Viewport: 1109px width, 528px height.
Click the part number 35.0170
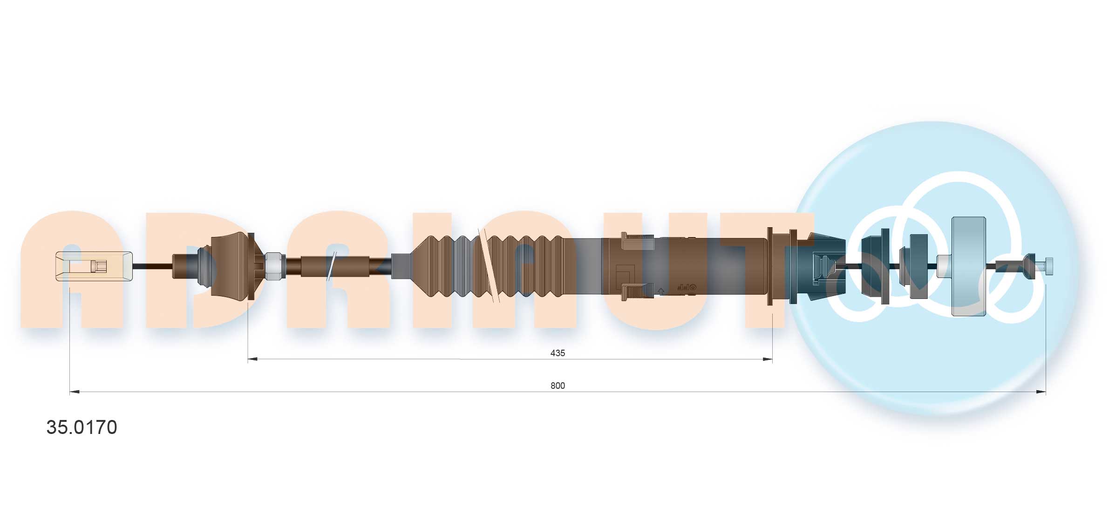click(x=82, y=427)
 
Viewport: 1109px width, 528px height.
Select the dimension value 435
click(x=557, y=353)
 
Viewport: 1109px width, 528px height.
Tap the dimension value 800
click(x=557, y=386)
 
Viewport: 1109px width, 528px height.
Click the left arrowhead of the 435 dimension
click(x=252, y=359)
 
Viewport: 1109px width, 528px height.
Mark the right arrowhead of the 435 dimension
click(x=767, y=359)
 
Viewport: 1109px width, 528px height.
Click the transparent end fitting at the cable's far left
click(x=93, y=266)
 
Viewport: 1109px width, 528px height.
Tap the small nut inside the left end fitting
click(x=99, y=266)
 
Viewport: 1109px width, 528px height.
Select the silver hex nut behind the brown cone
click(x=274, y=266)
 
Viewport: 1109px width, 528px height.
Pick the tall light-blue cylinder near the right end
click(x=968, y=266)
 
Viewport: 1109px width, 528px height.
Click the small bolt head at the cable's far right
click(x=1048, y=266)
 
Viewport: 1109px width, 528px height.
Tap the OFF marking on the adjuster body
click(x=686, y=288)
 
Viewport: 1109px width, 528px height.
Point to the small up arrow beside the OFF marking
click(x=660, y=291)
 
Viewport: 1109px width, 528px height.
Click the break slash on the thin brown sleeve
click(x=331, y=266)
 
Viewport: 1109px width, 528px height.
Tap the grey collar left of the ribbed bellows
click(x=401, y=266)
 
